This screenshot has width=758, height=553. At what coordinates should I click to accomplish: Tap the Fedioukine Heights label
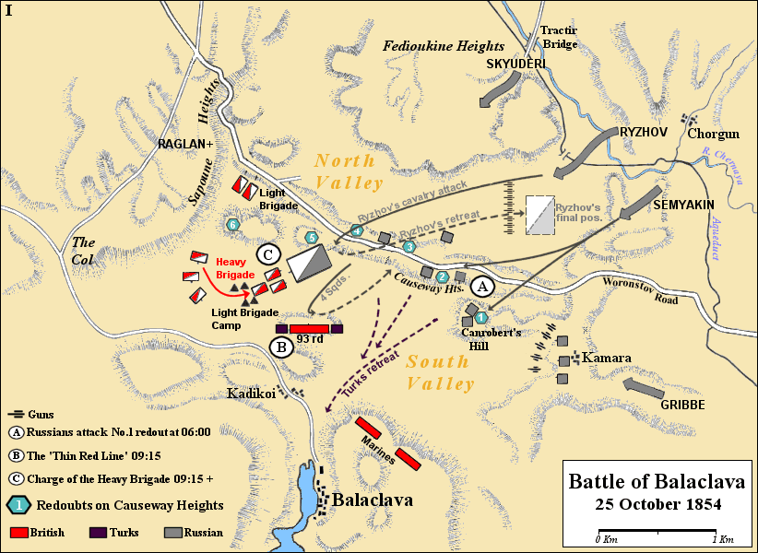click(x=444, y=46)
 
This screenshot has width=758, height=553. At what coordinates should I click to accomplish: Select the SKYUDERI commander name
click(x=516, y=64)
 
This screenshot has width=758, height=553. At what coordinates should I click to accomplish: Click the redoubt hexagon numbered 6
click(x=233, y=224)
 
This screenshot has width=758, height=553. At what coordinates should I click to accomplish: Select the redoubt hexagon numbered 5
click(x=312, y=238)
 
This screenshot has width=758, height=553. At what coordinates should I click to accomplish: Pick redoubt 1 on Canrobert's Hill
click(x=480, y=317)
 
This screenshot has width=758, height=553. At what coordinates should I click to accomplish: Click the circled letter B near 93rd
click(x=280, y=347)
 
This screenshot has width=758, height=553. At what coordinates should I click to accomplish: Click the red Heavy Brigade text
click(x=233, y=269)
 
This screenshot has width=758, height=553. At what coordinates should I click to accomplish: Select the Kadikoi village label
click(x=252, y=394)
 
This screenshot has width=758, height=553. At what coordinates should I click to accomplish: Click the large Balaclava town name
click(x=372, y=500)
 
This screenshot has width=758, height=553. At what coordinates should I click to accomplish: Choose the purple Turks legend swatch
click(x=98, y=533)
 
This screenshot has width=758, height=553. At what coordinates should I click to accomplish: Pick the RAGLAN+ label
click(x=185, y=145)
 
